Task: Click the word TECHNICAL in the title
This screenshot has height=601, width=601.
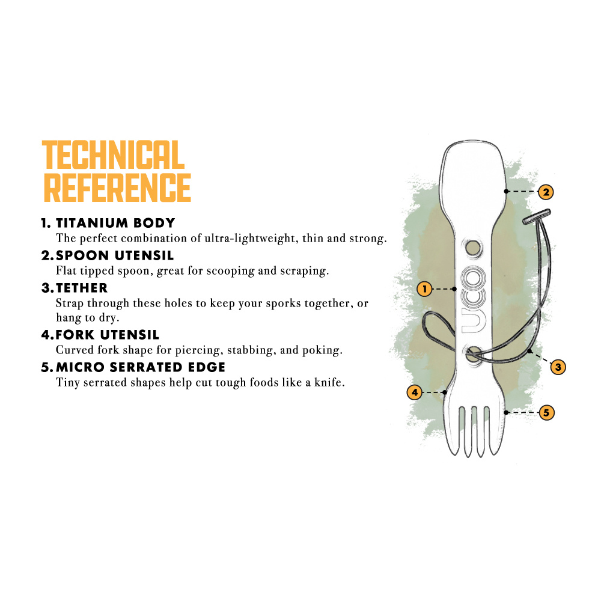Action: pyautogui.click(x=113, y=155)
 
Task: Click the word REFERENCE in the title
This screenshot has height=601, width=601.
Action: pyautogui.click(x=117, y=188)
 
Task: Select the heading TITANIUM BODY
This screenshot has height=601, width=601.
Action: pyautogui.click(x=116, y=223)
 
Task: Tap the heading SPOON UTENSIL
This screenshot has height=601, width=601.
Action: pyautogui.click(x=115, y=255)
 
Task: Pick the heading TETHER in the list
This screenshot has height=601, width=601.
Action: pyautogui.click(x=82, y=288)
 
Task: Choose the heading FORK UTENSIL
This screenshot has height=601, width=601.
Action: pyautogui.click(x=108, y=335)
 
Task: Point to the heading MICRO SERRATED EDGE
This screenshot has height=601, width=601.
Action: pyautogui.click(x=141, y=367)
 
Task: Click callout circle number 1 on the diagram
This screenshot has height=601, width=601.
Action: pyautogui.click(x=424, y=289)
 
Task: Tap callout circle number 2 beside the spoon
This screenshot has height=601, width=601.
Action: pyautogui.click(x=546, y=192)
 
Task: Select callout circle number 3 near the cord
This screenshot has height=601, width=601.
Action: pyautogui.click(x=558, y=367)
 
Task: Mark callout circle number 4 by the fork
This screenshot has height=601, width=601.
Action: pyautogui.click(x=414, y=392)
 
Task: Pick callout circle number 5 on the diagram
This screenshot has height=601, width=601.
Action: pyautogui.click(x=546, y=412)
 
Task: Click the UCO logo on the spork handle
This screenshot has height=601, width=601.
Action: pyautogui.click(x=474, y=299)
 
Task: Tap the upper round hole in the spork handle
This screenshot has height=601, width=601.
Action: pyautogui.click(x=474, y=248)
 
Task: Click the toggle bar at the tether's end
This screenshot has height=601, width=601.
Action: pyautogui.click(x=537, y=216)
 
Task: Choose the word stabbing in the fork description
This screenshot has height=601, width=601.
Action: pyautogui.click(x=252, y=350)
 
